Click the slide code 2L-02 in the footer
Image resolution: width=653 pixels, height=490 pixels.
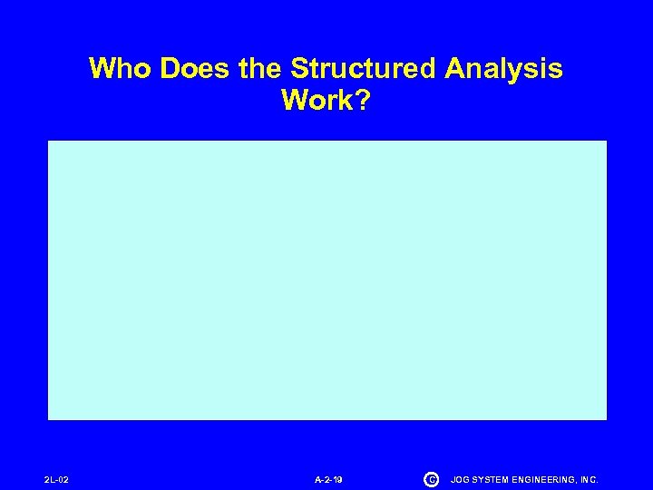click(x=56, y=479)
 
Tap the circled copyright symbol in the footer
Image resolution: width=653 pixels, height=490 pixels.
click(x=431, y=479)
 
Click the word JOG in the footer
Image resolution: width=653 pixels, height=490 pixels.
click(x=460, y=479)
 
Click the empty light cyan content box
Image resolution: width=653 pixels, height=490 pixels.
click(x=326, y=279)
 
